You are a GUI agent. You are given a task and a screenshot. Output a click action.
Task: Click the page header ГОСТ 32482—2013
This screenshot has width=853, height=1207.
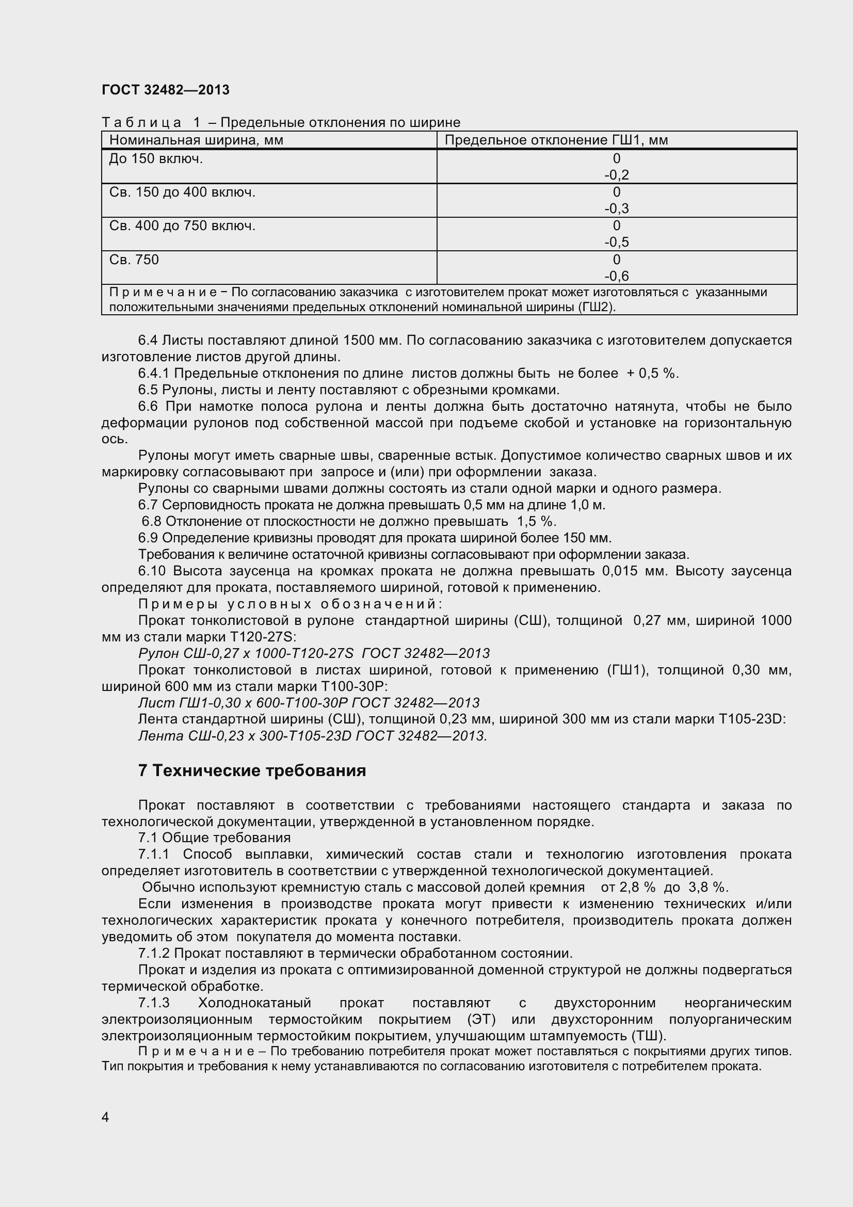pyautogui.click(x=166, y=90)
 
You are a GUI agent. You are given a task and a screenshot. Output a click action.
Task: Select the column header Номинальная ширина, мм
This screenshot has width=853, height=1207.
pyautogui.click(x=196, y=140)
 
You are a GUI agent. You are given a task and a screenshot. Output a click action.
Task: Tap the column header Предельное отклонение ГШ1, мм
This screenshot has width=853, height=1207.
pyautogui.click(x=556, y=140)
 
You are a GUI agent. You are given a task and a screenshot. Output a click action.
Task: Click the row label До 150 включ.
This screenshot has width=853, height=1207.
pyautogui.click(x=155, y=159)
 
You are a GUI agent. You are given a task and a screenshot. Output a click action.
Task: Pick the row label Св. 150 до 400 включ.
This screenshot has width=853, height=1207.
pyautogui.click(x=182, y=192)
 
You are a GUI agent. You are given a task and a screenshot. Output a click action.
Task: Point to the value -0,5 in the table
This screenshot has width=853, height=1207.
pyautogui.click(x=616, y=243)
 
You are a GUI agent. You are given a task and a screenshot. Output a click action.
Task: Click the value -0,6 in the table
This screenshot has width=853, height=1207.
pyautogui.click(x=616, y=276)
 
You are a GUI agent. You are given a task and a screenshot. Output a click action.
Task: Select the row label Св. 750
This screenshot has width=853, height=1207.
pyautogui.click(x=134, y=260)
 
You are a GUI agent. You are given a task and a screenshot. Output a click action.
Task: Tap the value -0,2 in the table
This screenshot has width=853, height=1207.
pyautogui.click(x=616, y=175)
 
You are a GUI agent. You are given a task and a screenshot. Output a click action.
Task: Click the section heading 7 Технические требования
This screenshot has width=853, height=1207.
pyautogui.click(x=252, y=770)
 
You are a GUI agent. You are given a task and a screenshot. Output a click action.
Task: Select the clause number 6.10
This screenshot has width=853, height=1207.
pyautogui.click(x=152, y=571)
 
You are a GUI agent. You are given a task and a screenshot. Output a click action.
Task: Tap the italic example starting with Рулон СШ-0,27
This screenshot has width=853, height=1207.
pyautogui.click(x=314, y=653)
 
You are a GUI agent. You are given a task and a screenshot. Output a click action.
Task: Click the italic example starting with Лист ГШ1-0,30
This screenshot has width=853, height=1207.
pyautogui.click(x=309, y=703)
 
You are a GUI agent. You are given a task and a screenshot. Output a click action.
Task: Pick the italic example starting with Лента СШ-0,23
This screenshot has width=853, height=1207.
pyautogui.click(x=312, y=735)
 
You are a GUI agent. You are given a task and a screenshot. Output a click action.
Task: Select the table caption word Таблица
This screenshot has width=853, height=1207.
pyautogui.click(x=141, y=122)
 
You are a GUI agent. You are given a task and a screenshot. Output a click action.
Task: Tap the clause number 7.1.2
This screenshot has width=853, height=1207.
pyautogui.click(x=153, y=954)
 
